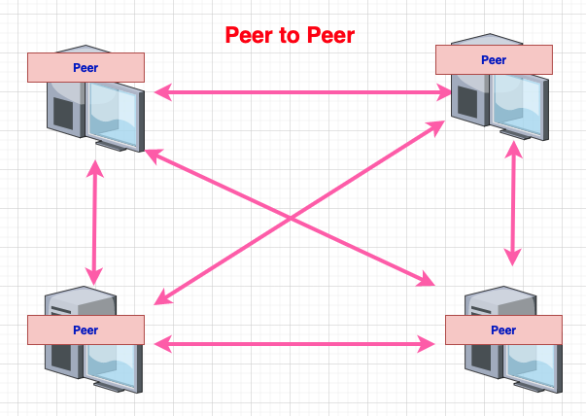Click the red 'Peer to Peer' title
point(290,35)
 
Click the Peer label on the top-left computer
point(86,68)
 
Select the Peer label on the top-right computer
point(494,60)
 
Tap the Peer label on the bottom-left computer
point(86,330)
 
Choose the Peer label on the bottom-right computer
point(503,330)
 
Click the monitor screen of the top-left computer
point(114,114)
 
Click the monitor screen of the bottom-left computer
point(112,364)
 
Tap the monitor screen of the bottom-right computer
point(532,364)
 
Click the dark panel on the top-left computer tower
point(63,114)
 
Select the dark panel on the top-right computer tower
point(467,102)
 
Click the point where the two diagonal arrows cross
point(291,218)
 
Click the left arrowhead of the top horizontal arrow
point(163,92)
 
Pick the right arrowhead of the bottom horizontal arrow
point(426,344)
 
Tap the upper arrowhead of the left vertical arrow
point(95,168)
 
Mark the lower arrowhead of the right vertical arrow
point(513,258)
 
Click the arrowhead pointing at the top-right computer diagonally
point(436,127)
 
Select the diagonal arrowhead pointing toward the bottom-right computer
point(426,279)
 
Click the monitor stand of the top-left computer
point(111,146)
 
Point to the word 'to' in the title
point(290,36)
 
